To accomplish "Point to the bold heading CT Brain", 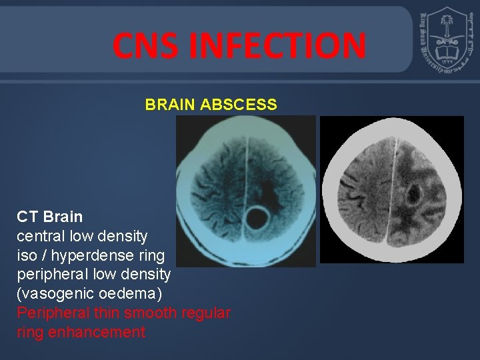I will tap(50, 217).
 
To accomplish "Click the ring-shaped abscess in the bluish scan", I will tap(255, 217).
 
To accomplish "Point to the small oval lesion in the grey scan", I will tap(413, 194).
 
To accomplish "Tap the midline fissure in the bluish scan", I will tap(247, 167).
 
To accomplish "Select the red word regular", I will tap(206, 313).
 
